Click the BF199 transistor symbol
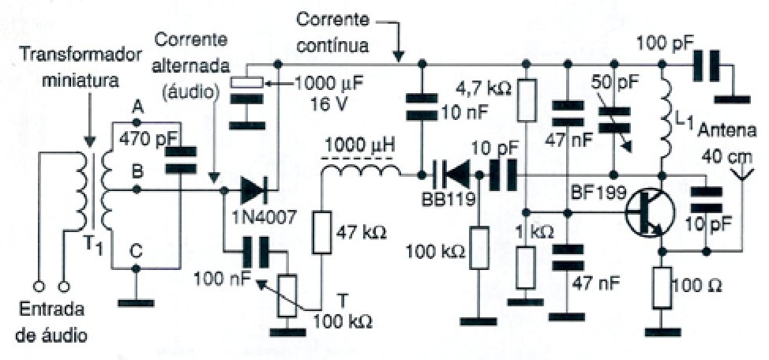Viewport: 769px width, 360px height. point(646,214)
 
